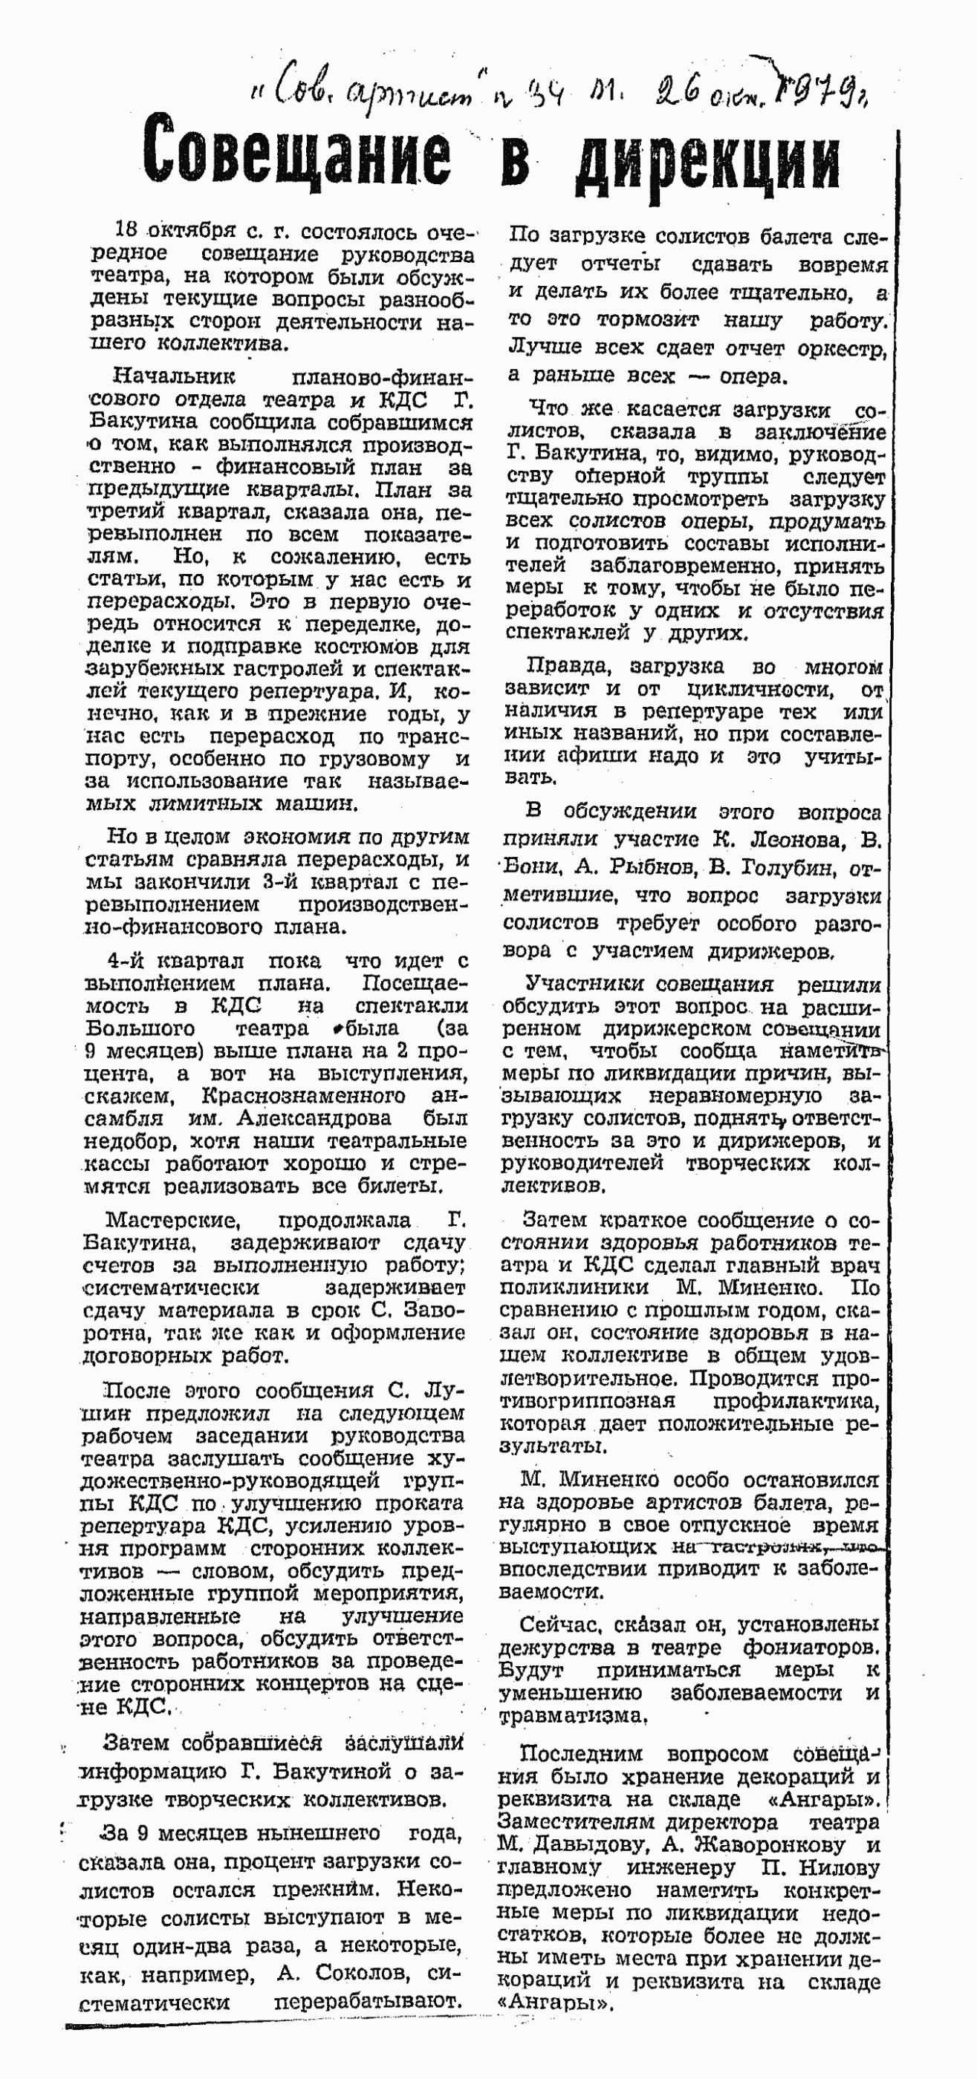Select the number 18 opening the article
pyautogui.click(x=130, y=231)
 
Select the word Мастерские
pyautogui.click(x=172, y=1219)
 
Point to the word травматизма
pyautogui.click(x=573, y=1716)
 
